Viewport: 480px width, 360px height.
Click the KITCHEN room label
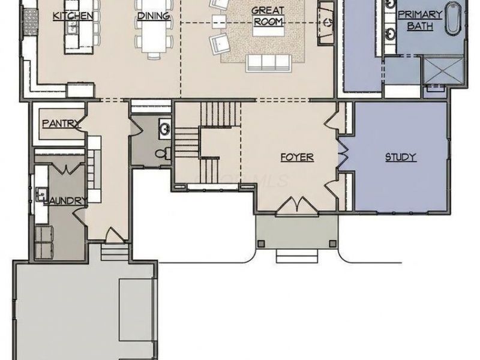73,16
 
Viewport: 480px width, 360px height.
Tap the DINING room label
154,16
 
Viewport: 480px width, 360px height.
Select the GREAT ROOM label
268,16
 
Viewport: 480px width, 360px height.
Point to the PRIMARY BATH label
420,20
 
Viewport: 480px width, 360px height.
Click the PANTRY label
61,124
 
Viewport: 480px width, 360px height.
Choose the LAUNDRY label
65,201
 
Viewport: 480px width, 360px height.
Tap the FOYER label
297,157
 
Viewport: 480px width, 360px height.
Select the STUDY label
401,157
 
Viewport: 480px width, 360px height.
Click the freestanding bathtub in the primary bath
453,19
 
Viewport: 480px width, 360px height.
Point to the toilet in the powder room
163,153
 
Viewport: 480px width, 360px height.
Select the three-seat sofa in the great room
268,63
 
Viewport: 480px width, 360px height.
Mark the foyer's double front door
297,205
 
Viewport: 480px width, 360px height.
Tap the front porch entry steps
297,256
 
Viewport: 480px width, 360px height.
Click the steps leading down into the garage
115,251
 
